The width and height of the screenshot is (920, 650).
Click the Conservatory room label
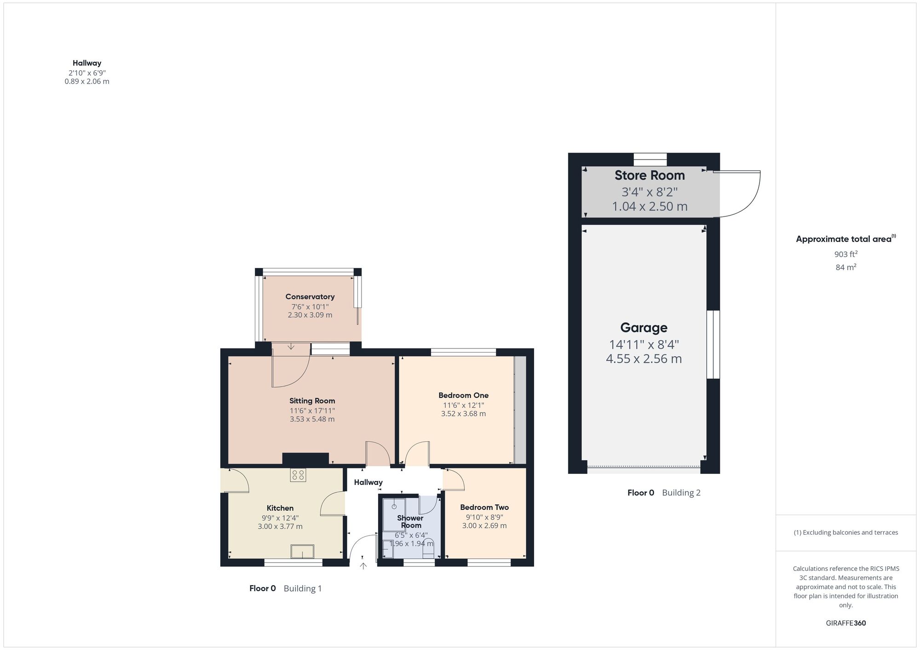(310, 296)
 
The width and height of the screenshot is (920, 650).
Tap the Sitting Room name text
(312, 400)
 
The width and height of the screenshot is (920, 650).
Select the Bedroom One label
(463, 395)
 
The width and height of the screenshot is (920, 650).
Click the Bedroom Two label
(484, 507)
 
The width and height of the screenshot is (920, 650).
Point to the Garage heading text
(644, 327)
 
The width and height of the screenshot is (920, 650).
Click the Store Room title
(650, 175)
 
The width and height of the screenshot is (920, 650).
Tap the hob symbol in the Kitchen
(298, 475)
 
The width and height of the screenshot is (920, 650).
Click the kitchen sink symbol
(302, 551)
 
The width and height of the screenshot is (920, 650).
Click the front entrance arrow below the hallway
(363, 566)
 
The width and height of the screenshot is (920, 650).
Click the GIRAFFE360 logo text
(845, 623)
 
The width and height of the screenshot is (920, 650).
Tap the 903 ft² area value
(845, 254)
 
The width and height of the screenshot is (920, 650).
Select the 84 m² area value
(845, 267)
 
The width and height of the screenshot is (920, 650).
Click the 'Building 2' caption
(681, 493)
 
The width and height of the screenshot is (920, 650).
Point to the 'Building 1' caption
(303, 588)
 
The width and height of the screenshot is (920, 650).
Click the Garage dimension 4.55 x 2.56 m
(644, 359)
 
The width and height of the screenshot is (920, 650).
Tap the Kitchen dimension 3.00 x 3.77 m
(280, 526)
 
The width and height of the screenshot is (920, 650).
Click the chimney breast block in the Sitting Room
(305, 458)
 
